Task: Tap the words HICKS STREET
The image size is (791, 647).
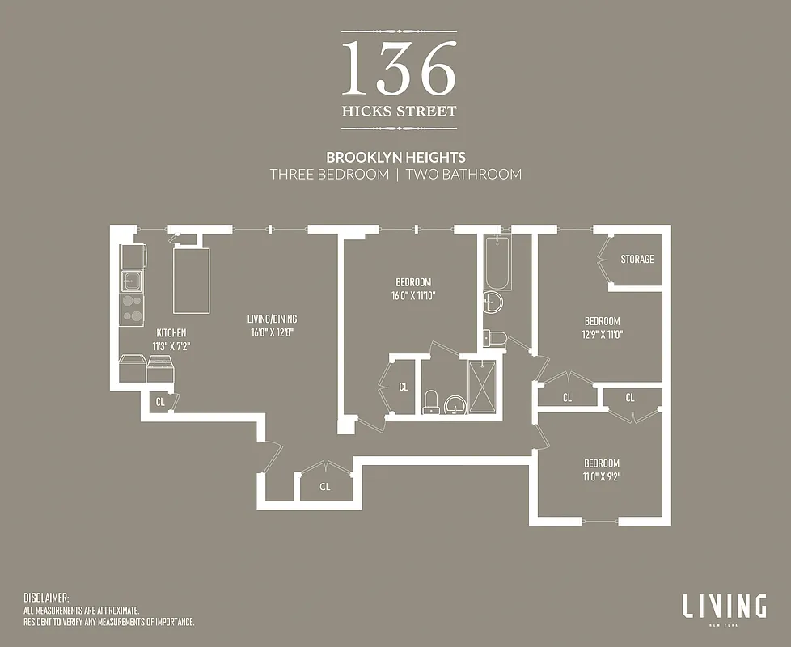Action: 399,112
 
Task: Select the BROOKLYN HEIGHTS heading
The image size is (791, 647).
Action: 395,157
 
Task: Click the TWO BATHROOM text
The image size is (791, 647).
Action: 463,174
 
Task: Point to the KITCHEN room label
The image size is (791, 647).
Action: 170,333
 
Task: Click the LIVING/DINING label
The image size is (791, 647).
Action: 271,319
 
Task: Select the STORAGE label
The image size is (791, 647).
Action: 637,260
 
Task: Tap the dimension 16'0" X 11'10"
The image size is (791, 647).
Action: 413,295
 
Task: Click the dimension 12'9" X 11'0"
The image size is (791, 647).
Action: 603,333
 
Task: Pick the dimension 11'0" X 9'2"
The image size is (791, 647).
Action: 602,476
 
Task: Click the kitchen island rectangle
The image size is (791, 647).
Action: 192,280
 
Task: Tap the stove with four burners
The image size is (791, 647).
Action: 132,310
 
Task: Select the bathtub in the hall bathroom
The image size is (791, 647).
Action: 497,263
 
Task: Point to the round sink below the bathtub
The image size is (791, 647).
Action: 492,303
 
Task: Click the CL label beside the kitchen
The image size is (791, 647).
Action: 160,401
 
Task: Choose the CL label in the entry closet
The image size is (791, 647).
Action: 324,487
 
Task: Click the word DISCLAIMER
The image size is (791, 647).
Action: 46,598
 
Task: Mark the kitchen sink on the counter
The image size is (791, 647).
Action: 132,281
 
